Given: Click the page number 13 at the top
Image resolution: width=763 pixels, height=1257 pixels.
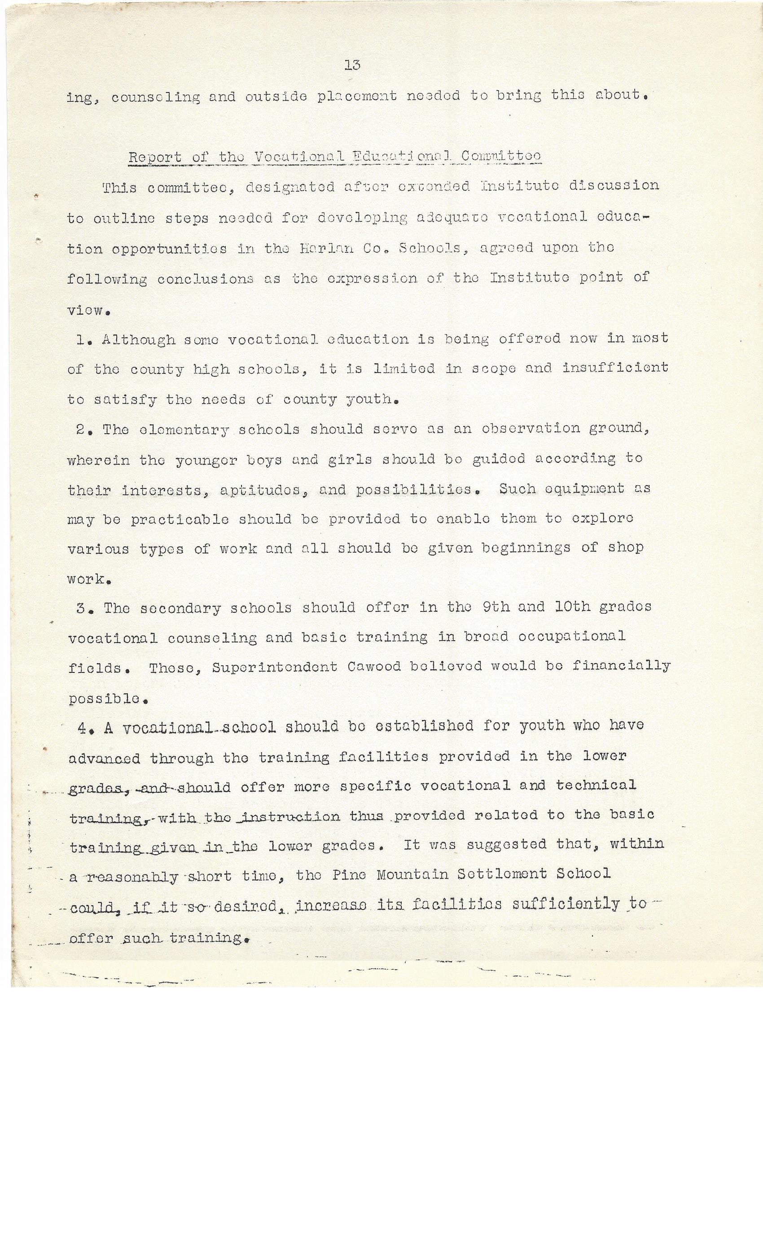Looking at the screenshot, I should (352, 65).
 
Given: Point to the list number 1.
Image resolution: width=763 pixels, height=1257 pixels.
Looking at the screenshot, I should (81, 340).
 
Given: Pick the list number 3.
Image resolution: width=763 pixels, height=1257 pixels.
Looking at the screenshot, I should (82, 609).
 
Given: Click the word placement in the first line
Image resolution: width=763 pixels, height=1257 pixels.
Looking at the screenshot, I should (357, 97).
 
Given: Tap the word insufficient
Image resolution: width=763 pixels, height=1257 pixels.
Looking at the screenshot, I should (615, 368).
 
